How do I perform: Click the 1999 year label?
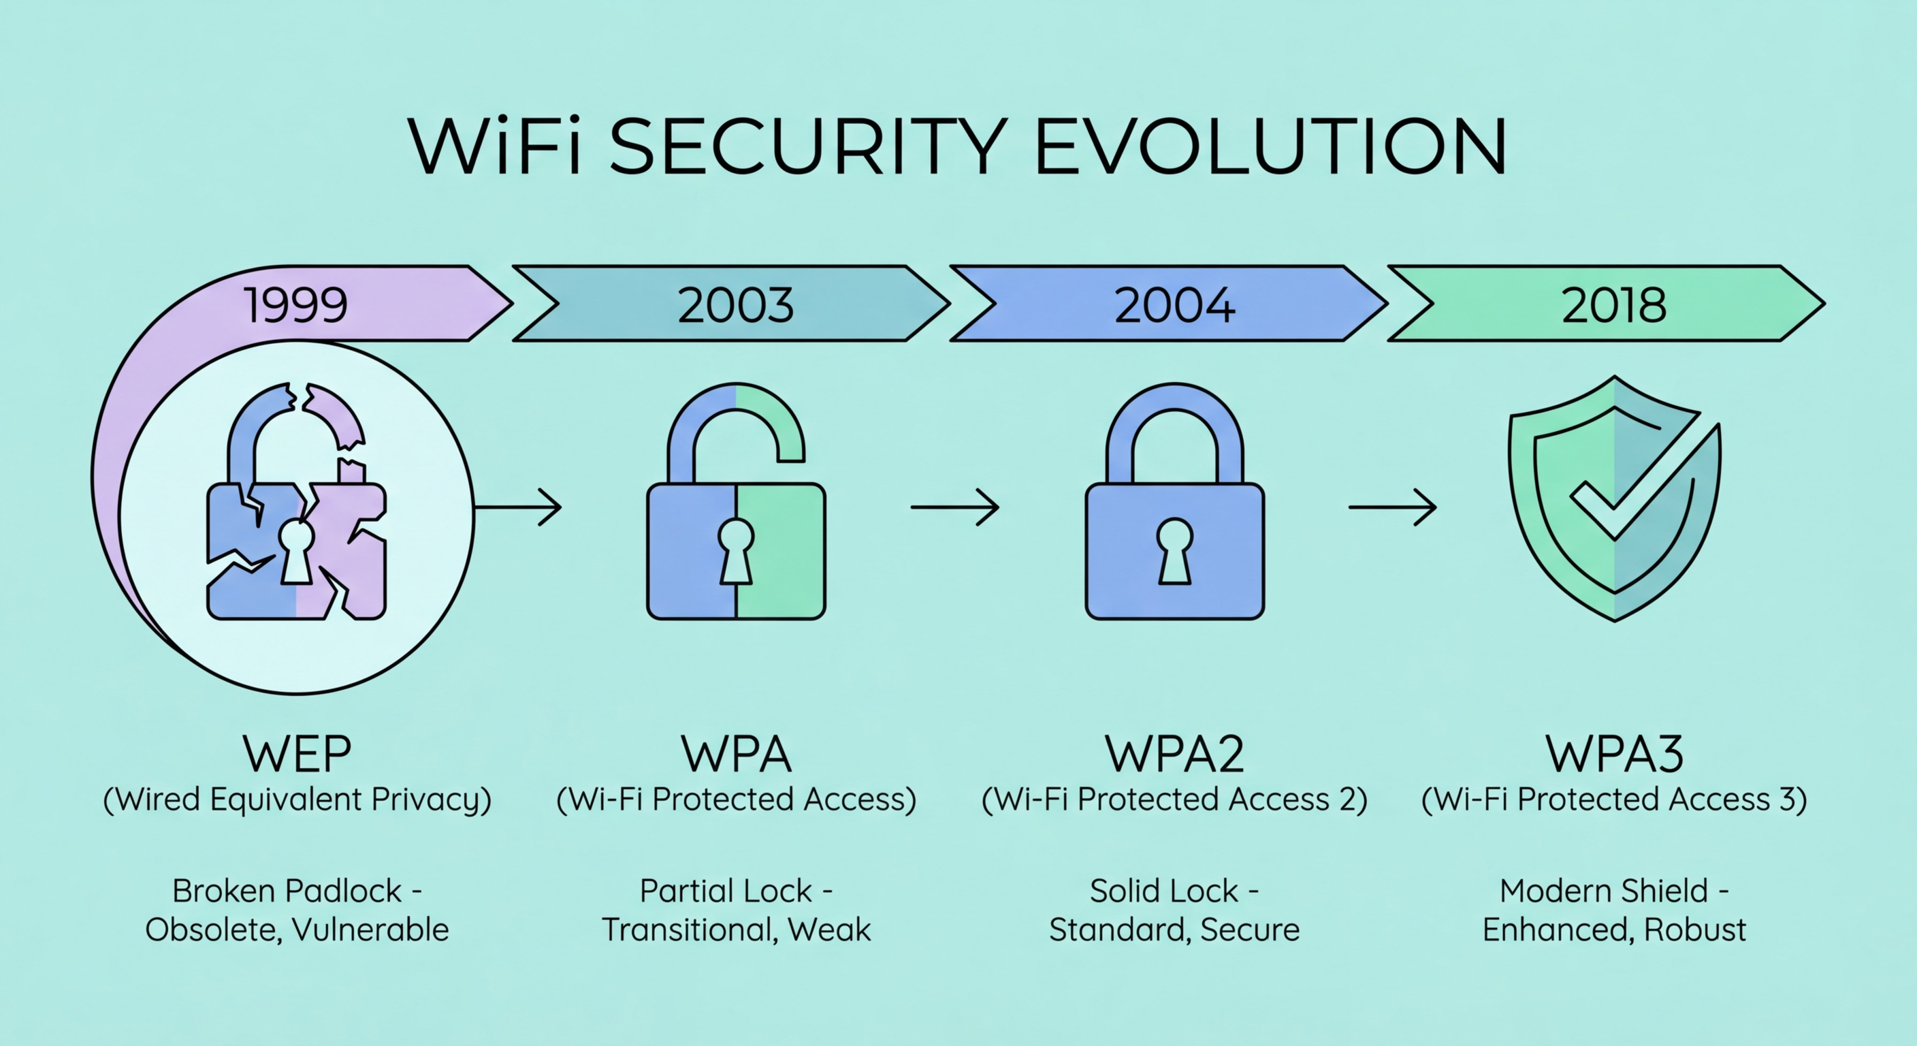click(296, 305)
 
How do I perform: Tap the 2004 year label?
click(1174, 305)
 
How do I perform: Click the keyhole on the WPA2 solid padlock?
click(1174, 551)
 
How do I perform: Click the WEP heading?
click(297, 753)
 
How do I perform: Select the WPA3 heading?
click(1613, 753)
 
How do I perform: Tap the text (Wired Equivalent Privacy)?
click(297, 799)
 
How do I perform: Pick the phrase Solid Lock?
click(1163, 891)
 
